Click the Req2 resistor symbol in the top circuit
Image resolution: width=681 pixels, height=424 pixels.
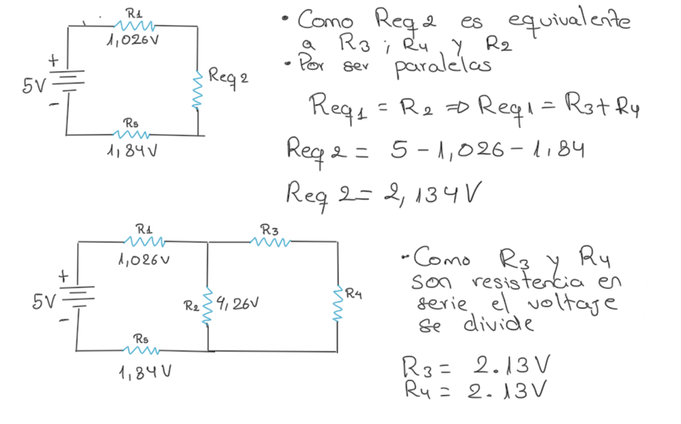tap(198, 91)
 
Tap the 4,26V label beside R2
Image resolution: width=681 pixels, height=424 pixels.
tap(237, 303)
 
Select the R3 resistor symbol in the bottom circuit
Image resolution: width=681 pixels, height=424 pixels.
tap(270, 241)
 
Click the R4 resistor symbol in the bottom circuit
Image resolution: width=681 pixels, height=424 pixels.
tap(338, 303)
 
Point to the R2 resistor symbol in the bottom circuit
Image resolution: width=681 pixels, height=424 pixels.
tap(207, 306)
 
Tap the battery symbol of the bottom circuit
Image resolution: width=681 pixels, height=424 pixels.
tap(79, 296)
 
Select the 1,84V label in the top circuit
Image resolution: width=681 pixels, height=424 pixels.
tap(132, 151)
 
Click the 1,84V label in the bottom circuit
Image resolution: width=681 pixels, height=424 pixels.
tap(145, 372)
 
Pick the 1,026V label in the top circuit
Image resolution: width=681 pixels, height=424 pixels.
tap(133, 40)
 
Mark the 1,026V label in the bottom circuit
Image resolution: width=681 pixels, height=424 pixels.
tap(144, 259)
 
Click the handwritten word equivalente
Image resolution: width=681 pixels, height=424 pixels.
tap(569, 22)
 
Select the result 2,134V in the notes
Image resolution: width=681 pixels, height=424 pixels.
tap(432, 193)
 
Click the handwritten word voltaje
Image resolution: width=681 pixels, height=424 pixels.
tap(572, 303)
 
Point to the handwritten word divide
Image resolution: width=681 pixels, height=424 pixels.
tap(498, 323)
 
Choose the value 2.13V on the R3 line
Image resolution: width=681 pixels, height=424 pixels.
tap(511, 365)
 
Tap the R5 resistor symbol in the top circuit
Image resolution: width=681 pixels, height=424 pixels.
tap(131, 135)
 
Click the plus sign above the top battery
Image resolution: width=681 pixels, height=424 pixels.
tap(53, 60)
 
